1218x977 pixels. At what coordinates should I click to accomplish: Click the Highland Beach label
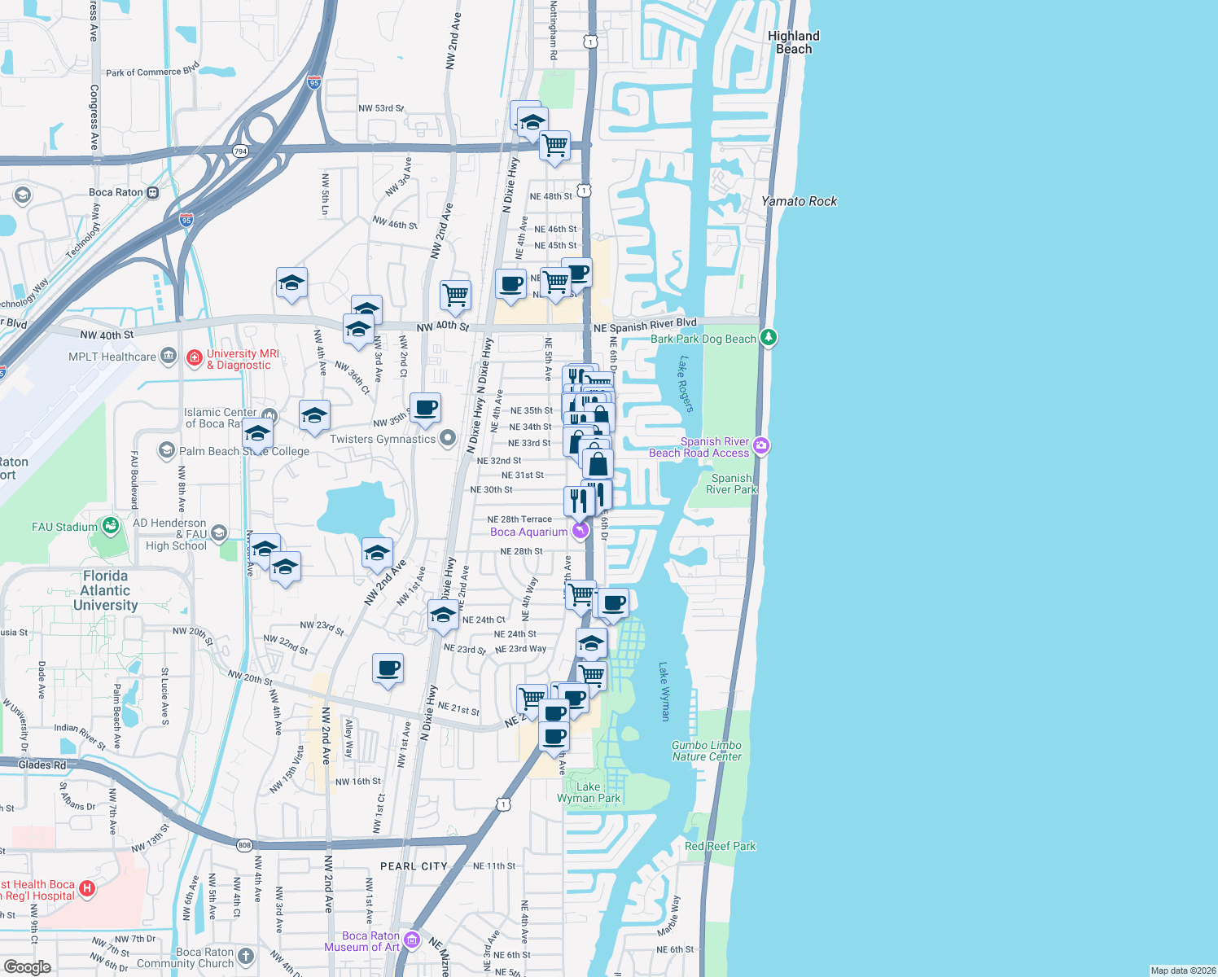click(x=793, y=42)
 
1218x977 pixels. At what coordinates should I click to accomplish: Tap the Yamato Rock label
click(x=799, y=201)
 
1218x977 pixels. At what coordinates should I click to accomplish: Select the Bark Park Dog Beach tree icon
click(x=769, y=337)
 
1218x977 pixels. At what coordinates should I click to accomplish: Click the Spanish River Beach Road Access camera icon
click(x=761, y=445)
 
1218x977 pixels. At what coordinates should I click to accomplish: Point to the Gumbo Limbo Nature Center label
click(x=706, y=751)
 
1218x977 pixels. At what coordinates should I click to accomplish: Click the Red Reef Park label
click(x=720, y=846)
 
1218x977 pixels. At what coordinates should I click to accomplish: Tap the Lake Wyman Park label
click(x=588, y=792)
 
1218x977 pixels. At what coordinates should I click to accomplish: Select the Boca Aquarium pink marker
click(x=581, y=531)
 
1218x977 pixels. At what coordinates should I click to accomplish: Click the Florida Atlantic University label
click(x=105, y=590)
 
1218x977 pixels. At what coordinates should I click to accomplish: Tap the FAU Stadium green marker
click(x=109, y=526)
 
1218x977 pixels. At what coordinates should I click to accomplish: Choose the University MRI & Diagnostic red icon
click(x=194, y=357)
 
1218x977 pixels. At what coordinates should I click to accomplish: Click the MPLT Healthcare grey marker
click(x=169, y=355)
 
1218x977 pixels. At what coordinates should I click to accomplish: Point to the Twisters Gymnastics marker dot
click(x=448, y=439)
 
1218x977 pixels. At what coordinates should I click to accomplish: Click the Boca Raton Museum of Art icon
click(x=412, y=940)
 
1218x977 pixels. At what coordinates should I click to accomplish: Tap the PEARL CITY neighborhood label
click(x=414, y=866)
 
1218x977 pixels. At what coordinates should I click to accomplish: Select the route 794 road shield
click(x=240, y=151)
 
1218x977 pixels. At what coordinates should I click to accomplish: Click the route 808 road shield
click(x=244, y=845)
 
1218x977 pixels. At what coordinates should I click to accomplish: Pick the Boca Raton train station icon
click(x=152, y=192)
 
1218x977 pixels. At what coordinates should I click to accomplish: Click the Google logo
click(x=27, y=966)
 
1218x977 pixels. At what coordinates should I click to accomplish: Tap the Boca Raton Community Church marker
click(x=246, y=957)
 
